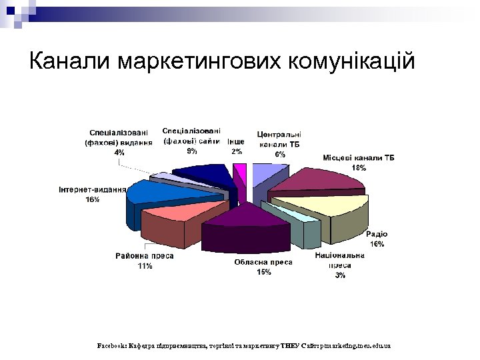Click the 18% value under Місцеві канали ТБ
pyautogui.click(x=359, y=168)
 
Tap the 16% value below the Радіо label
pyautogui.click(x=377, y=244)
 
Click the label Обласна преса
pyautogui.click(x=263, y=263)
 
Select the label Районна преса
pyautogui.click(x=145, y=256)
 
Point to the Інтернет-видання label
pyautogui.click(x=93, y=189)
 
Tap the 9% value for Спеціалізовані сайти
pyautogui.click(x=191, y=151)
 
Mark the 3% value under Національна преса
pyautogui.click(x=340, y=275)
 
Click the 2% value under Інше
pyautogui.click(x=237, y=151)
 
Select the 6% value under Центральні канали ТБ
pyautogui.click(x=280, y=154)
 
